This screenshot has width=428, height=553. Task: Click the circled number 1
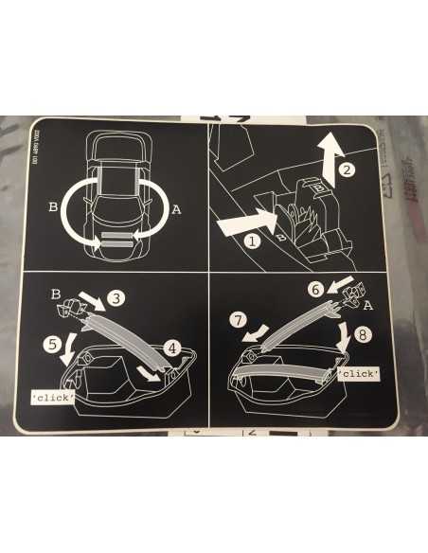252,241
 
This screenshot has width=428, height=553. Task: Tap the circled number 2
347,171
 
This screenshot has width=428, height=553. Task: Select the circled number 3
116,299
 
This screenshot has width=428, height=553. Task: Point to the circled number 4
171,348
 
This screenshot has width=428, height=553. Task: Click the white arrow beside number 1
239,225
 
